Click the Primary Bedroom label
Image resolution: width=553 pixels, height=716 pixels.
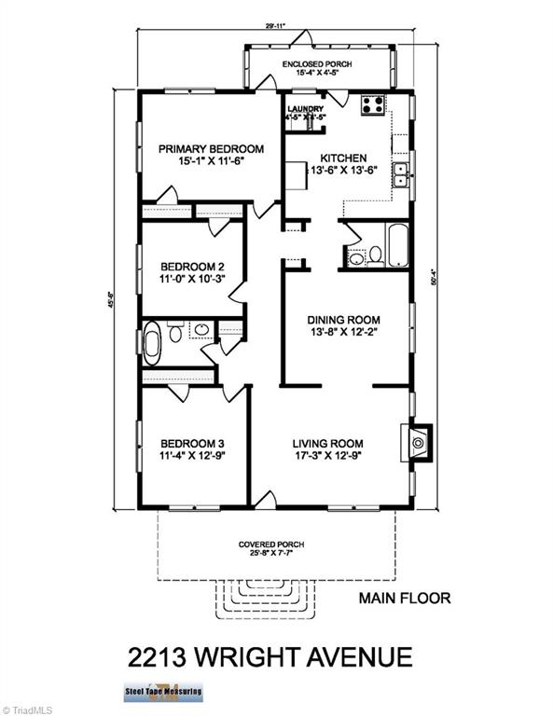210,149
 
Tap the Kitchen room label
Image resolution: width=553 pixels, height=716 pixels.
343,158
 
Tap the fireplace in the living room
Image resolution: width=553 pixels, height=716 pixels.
417,441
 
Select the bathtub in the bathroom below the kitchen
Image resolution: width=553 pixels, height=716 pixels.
396,245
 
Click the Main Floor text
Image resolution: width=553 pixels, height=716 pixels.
405,599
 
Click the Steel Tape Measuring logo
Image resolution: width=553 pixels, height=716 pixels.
162,693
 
